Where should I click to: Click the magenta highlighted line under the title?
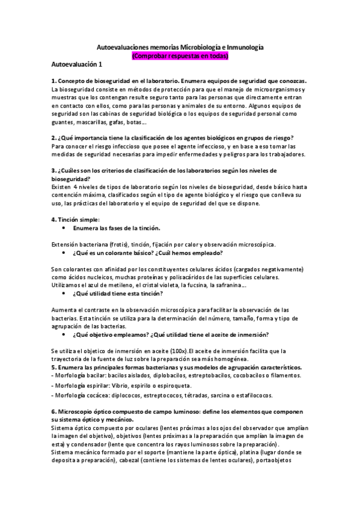click(180, 55)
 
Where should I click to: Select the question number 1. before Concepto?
click(54, 81)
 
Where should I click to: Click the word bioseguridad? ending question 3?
click(71, 179)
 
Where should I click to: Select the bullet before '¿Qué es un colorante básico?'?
click(64, 252)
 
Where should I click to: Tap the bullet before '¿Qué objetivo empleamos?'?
click(64, 334)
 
